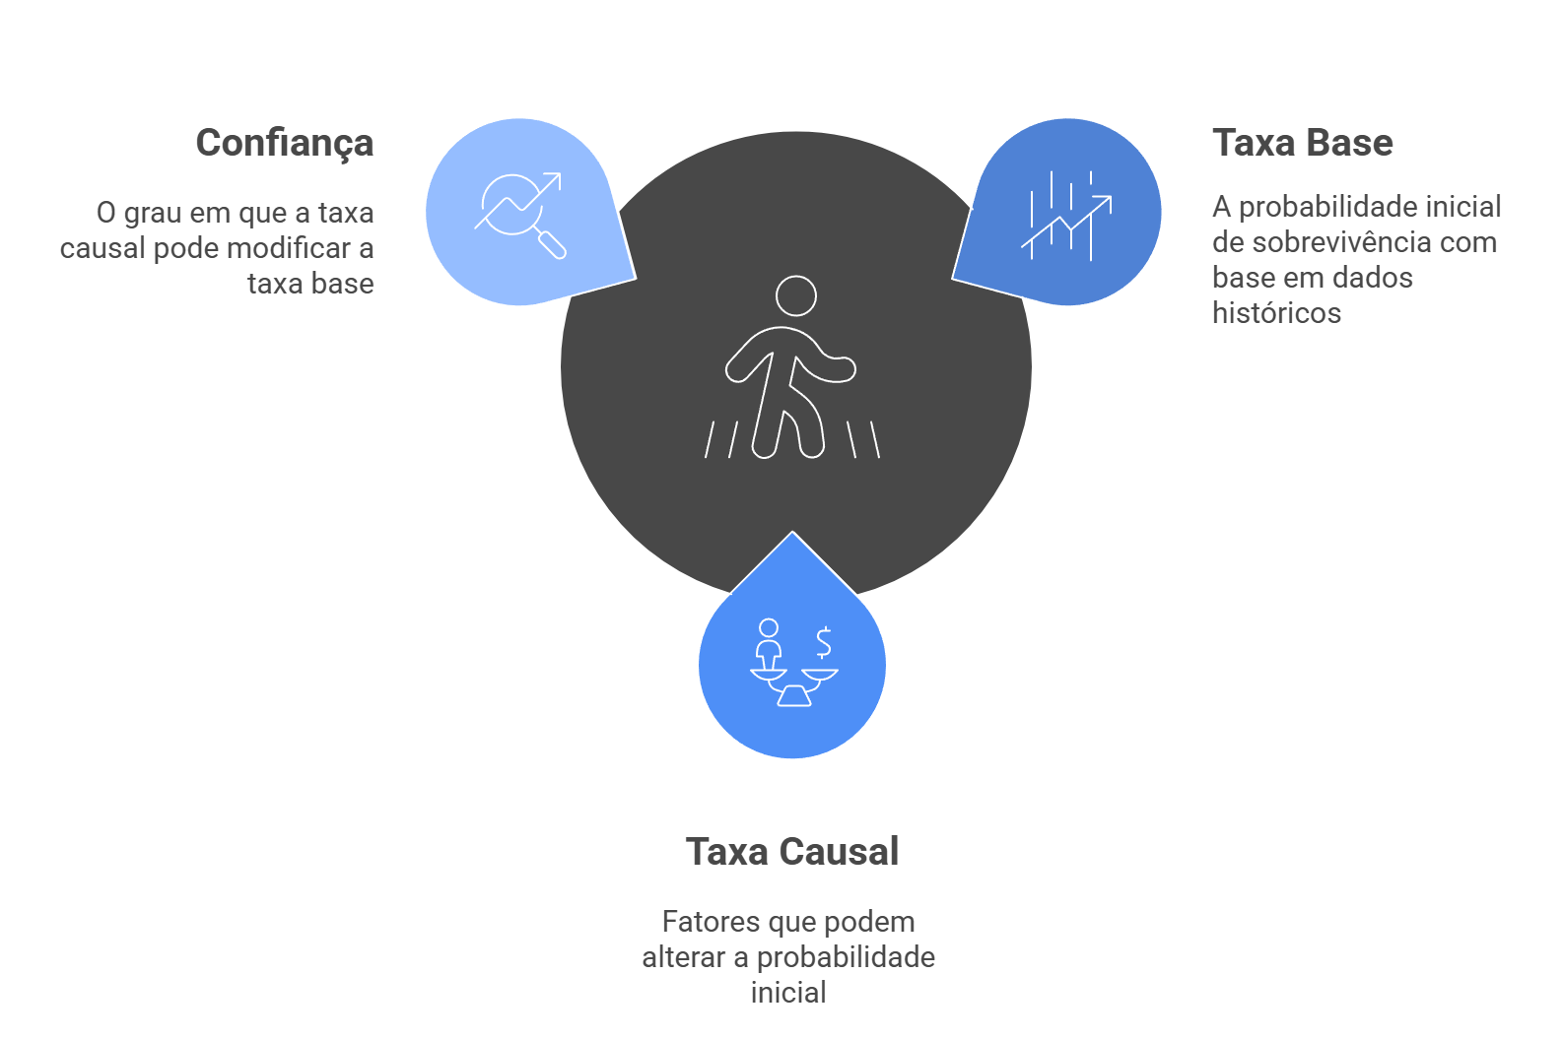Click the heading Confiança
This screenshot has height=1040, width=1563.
click(285, 144)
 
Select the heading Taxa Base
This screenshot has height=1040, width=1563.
click(1302, 144)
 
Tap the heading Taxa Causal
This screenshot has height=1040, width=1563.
click(792, 852)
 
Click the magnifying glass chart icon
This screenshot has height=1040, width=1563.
click(519, 214)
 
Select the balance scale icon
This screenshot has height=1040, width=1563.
click(793, 665)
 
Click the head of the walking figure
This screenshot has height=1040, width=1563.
click(795, 295)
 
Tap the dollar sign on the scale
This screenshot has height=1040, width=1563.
click(824, 642)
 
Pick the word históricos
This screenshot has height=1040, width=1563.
click(1276, 313)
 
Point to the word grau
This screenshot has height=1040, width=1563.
click(154, 214)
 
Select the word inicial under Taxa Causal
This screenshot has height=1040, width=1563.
click(788, 993)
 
